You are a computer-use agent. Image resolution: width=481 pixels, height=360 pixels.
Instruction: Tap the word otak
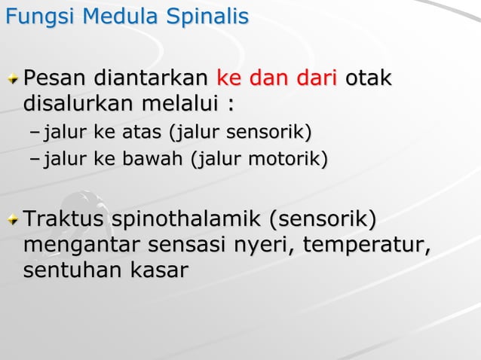pyautogui.click(x=369, y=78)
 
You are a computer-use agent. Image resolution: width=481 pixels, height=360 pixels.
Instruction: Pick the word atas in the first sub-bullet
pyautogui.click(x=141, y=133)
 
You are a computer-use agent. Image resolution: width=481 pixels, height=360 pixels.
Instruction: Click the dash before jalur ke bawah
pyautogui.click(x=35, y=160)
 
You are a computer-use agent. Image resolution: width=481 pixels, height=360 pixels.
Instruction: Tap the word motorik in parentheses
pyautogui.click(x=294, y=160)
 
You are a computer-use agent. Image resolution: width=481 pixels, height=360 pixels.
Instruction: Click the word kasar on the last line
pyautogui.click(x=158, y=270)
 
